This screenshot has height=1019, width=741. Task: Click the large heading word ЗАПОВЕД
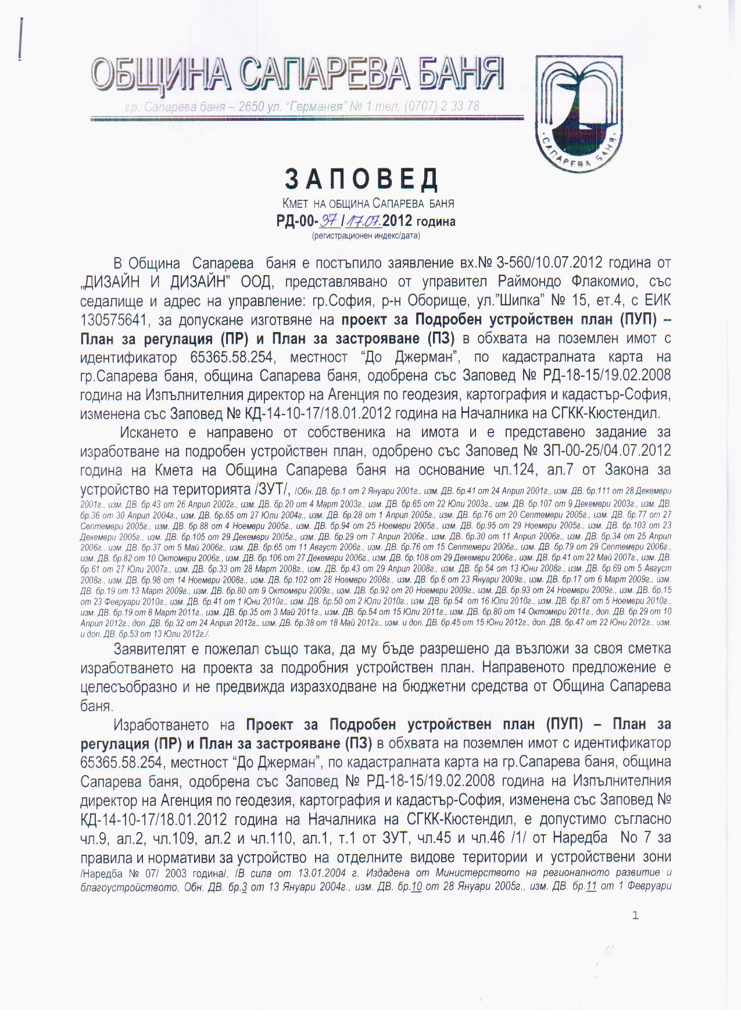361,179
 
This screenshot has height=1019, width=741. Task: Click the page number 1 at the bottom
635,916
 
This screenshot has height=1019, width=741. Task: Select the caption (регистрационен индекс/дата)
366,236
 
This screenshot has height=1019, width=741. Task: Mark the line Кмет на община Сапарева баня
368,203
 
